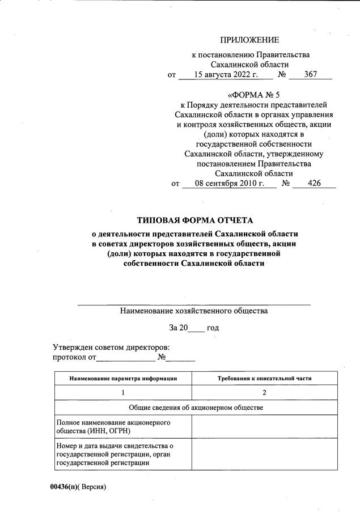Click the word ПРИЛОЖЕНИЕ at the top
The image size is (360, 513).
click(x=250, y=40)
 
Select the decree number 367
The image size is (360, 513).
click(x=311, y=74)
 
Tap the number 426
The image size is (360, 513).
click(x=314, y=183)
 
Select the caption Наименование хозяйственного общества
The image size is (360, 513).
click(x=194, y=311)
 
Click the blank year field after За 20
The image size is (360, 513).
click(x=196, y=328)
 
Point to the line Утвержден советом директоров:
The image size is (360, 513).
click(x=112, y=347)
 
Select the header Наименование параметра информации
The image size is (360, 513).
click(x=124, y=378)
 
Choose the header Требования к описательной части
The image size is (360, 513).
click(x=264, y=378)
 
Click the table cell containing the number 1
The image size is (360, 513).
click(x=124, y=392)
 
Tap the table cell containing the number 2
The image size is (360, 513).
click(x=264, y=392)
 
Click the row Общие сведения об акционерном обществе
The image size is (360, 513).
click(x=196, y=408)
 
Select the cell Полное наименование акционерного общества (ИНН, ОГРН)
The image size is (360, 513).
click(x=124, y=427)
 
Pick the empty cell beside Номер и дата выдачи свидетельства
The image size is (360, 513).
click(x=264, y=455)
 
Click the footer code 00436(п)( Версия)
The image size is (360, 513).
click(x=78, y=487)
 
